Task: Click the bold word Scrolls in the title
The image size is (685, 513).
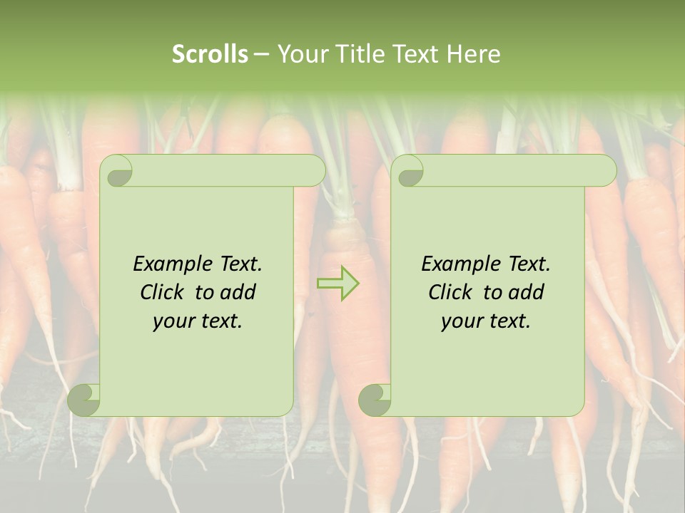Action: coord(210,54)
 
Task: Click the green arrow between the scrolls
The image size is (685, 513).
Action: coord(338,284)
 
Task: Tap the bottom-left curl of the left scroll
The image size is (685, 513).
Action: coord(84,400)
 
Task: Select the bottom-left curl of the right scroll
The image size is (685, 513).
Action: coord(375,400)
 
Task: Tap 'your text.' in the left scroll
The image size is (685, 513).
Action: coord(198,321)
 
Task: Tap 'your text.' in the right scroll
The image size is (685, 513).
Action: coord(485,321)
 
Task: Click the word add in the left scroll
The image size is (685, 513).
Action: coord(238,292)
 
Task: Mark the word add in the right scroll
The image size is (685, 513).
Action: coord(527,292)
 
